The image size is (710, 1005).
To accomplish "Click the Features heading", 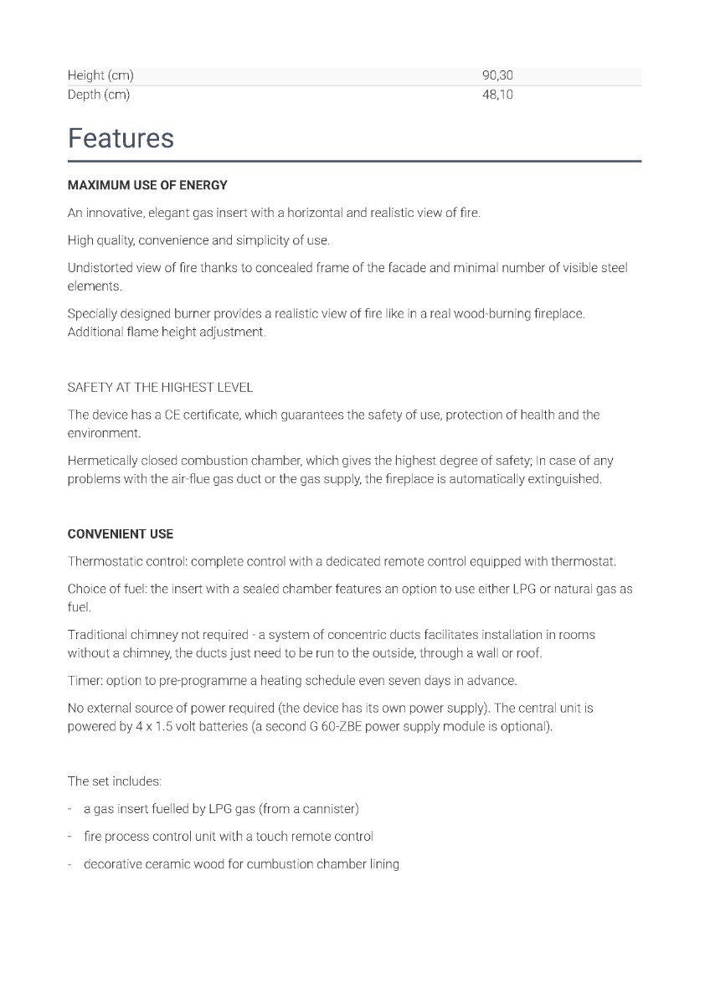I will coord(121,138).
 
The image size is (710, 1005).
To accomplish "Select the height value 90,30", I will coord(497,75).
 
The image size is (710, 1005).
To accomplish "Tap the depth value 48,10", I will coord(497,95).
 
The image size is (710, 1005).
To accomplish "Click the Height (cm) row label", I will coord(100,75).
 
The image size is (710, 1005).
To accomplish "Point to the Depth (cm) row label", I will coord(99,95).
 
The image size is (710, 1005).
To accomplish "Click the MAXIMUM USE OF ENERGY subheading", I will coord(147,185).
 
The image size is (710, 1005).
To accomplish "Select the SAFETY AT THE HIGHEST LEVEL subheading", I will coord(160,388).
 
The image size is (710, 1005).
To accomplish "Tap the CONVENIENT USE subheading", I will coord(121,534).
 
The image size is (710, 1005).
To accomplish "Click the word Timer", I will coord(83,680).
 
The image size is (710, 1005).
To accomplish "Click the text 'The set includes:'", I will coord(115,781).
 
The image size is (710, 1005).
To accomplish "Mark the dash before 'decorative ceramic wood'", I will coord(70,863).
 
